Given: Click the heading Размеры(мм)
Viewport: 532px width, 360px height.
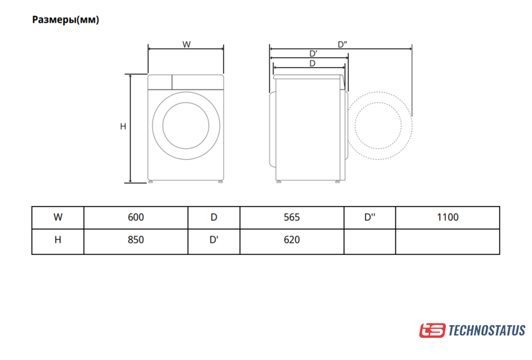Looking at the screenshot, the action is click(65, 20).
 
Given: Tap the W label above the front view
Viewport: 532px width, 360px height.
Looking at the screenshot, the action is click(186, 44).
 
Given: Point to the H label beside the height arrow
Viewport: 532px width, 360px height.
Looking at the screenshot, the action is click(123, 126).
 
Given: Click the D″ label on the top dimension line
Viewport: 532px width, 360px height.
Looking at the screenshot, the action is click(343, 44).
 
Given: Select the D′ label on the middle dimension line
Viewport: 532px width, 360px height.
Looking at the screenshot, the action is click(313, 54).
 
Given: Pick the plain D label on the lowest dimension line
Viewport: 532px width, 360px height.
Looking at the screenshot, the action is click(312, 63).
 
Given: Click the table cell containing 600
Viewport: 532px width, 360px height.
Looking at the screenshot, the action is click(136, 217).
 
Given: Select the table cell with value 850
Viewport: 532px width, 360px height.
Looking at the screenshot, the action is click(136, 240).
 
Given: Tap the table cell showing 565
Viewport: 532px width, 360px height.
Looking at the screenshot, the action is click(292, 217).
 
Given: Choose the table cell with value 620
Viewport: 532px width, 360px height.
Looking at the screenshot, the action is click(292, 240).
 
